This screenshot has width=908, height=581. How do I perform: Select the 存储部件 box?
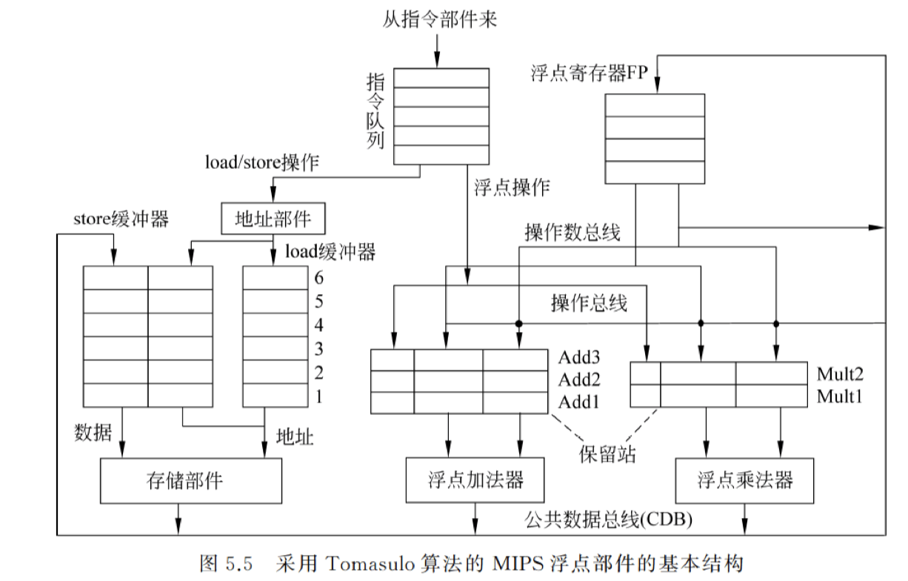click(190, 480)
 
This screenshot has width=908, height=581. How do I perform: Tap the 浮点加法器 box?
click(475, 480)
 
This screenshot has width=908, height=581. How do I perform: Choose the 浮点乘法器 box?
click(745, 480)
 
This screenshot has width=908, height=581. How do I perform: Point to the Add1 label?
click(579, 402)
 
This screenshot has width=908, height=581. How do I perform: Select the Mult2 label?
click(840, 373)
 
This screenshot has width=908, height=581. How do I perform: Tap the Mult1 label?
click(840, 396)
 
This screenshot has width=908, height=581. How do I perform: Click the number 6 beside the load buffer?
click(319, 279)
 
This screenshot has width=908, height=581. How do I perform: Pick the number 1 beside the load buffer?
click(319, 396)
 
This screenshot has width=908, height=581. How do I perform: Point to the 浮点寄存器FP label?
click(589, 73)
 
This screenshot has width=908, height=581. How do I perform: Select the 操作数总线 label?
click(572, 233)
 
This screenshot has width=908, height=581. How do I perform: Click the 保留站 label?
click(607, 454)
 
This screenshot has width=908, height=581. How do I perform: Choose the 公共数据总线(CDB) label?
click(609, 519)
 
